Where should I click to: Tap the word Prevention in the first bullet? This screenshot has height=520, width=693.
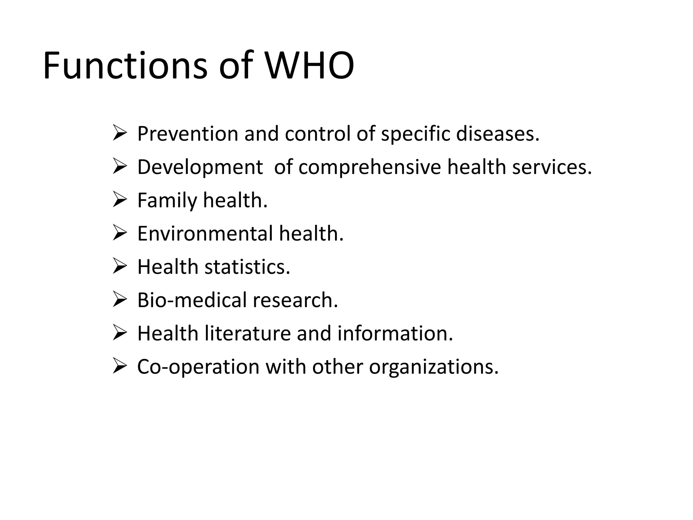188,134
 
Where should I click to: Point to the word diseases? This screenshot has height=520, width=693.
497,134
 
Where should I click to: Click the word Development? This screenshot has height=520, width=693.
200,167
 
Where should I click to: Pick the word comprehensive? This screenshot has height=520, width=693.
370,167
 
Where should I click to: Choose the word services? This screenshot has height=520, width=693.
552,167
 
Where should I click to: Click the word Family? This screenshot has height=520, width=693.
167,200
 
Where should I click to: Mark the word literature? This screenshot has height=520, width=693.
247,333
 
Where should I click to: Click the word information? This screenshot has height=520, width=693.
395,333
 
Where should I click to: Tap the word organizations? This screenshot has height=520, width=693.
434,367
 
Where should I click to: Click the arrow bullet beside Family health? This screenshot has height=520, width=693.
119,200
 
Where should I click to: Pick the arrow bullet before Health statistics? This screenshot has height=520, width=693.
119,266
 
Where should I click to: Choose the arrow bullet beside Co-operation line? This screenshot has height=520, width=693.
119,366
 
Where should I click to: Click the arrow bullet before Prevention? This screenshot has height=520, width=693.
119,133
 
